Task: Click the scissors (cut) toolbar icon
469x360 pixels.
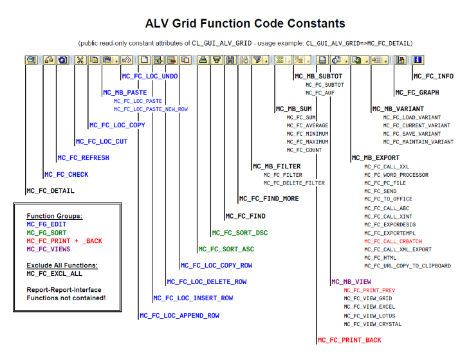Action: [80, 60]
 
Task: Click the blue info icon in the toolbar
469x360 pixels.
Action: [418, 60]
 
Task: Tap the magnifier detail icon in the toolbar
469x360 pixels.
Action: [31, 60]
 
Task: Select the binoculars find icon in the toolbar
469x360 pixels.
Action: [230, 60]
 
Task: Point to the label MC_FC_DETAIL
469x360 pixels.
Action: [51, 191]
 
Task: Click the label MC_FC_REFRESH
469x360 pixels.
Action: [83, 158]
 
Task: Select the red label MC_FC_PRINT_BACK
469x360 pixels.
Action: [349, 340]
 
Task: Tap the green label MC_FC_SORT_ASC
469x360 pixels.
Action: [226, 249]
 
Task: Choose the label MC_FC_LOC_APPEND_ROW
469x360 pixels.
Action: [179, 316]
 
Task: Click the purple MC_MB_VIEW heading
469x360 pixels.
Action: [351, 282]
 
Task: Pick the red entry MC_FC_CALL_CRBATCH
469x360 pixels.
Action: [393, 241]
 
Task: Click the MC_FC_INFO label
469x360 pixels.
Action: [434, 76]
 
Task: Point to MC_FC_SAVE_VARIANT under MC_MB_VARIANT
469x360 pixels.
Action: [412, 134]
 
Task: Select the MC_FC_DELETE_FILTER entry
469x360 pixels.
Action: [294, 183]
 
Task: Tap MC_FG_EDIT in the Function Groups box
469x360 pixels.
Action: [46, 224]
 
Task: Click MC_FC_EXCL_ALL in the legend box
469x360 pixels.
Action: [54, 274]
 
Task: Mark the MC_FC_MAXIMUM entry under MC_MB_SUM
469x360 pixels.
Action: [307, 141]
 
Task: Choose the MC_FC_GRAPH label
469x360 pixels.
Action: [417, 93]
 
